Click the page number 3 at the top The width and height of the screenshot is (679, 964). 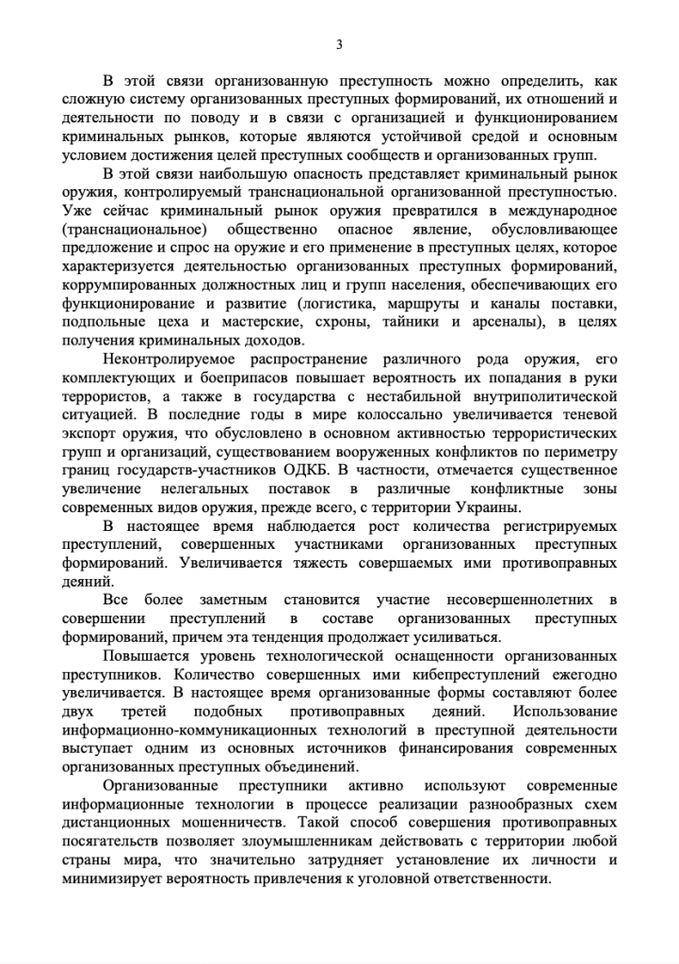tap(339, 44)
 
